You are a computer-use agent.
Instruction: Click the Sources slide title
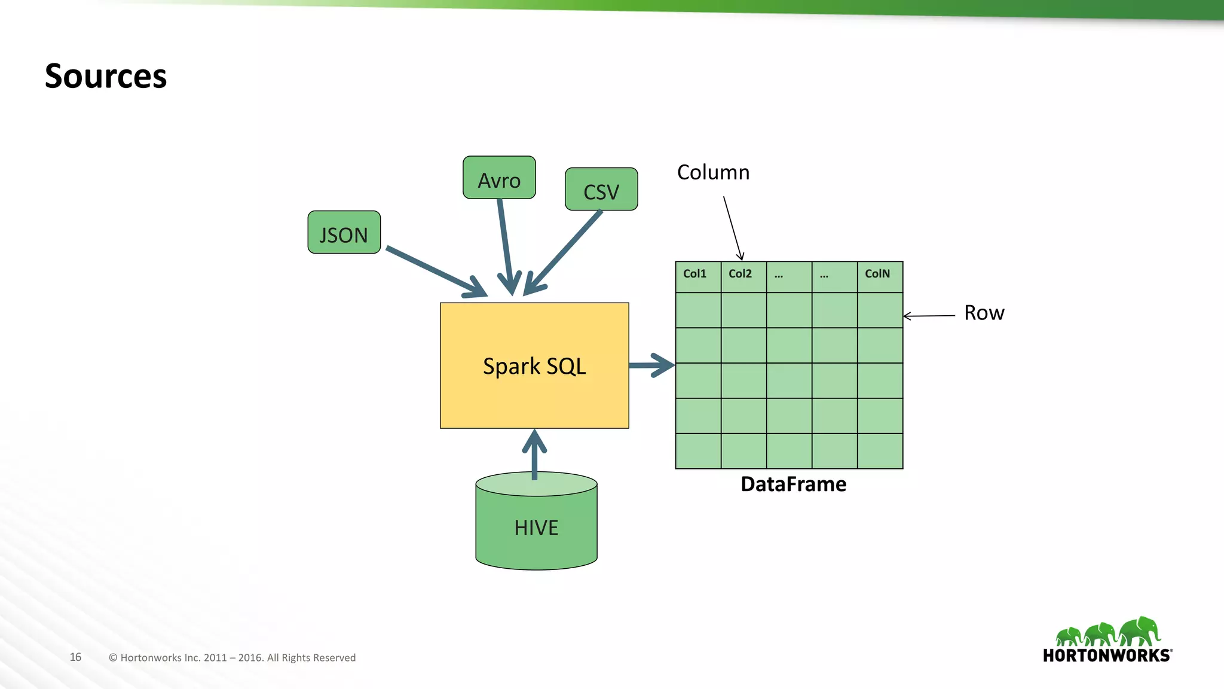click(x=106, y=77)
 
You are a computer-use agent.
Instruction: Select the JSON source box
click(x=344, y=233)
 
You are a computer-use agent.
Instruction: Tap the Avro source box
click(x=499, y=178)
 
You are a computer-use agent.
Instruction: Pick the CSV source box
click(x=601, y=190)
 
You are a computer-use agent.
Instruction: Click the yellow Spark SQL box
click(x=534, y=365)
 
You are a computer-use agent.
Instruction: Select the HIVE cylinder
click(x=536, y=527)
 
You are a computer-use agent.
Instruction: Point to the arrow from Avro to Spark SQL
click(x=506, y=245)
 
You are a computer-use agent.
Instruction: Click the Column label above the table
click(x=713, y=172)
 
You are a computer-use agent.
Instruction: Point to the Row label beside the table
click(x=984, y=313)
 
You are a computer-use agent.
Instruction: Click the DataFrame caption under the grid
click(x=793, y=484)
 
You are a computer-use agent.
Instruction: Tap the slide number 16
click(x=75, y=657)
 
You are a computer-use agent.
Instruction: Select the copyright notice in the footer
click(x=232, y=657)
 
